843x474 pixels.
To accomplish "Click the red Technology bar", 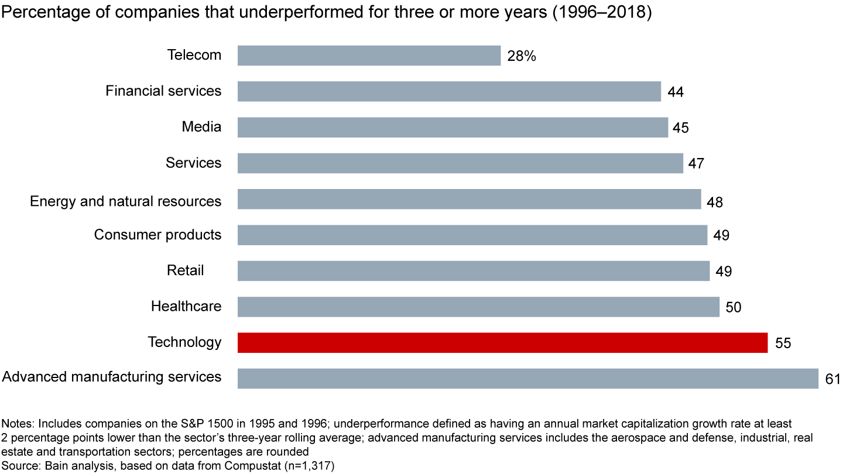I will tap(502, 343).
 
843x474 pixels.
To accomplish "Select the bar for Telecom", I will tap(369, 56).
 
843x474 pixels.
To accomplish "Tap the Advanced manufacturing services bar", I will tap(527, 378).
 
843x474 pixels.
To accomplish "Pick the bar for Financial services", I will tap(449, 91).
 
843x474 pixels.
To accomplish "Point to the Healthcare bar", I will tap(478, 307).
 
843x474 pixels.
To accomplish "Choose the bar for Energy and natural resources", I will tap(469, 199).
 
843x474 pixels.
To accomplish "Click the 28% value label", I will tap(522, 56).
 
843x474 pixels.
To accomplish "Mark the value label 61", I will tap(832, 379).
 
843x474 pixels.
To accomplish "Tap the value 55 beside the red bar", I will tap(783, 344).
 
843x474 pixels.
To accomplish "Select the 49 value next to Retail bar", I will tap(724, 272).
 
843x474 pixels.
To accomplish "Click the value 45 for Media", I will tap(681, 128).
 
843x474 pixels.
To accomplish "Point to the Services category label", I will tap(193, 163).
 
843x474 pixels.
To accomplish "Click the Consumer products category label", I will tap(157, 235).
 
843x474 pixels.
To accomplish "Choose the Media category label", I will tap(201, 126).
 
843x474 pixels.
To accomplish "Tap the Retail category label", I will tap(186, 270).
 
